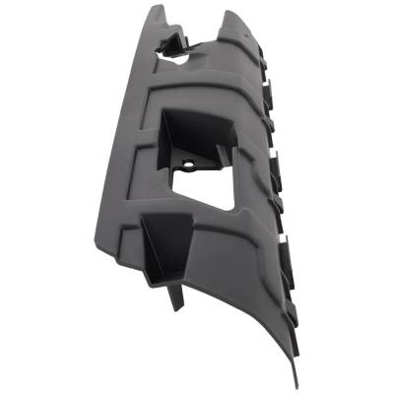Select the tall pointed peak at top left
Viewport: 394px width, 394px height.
[157, 11]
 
